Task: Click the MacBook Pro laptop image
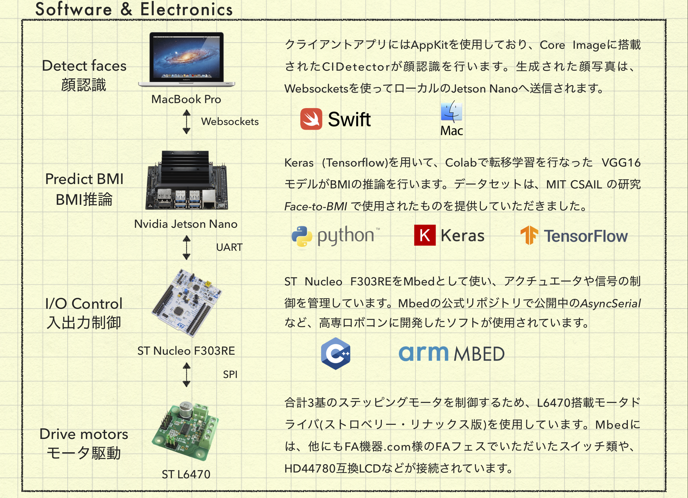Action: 186,59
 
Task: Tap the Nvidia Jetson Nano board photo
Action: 186,181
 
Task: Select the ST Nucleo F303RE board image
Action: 186,303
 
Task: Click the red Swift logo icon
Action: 311,119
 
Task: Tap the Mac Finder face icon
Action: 451,111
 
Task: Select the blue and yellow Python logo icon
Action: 302,236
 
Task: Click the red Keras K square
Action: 425,235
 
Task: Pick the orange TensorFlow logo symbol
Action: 529,235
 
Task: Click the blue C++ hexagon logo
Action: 336,353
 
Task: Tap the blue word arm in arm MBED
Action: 423,353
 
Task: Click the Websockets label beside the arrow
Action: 230,122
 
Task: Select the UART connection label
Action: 229,247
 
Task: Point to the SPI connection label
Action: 230,375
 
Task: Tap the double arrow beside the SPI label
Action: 187,375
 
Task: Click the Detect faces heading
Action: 84,66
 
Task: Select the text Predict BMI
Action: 84,179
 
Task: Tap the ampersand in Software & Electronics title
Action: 126,9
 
